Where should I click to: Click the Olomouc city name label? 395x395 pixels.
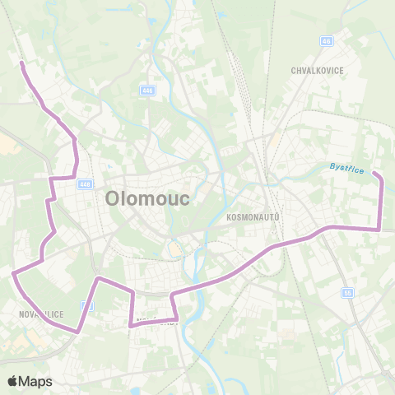pyautogui.click(x=148, y=199)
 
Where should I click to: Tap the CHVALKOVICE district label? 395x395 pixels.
pyautogui.click(x=317, y=71)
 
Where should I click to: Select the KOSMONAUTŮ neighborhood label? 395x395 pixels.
pyautogui.click(x=253, y=216)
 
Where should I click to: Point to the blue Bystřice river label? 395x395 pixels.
pyautogui.click(x=346, y=167)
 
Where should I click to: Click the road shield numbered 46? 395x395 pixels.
pyautogui.click(x=327, y=40)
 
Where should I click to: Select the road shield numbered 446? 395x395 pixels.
pyautogui.click(x=147, y=91)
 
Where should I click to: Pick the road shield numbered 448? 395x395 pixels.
pyautogui.click(x=86, y=184)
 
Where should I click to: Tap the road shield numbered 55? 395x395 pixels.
pyautogui.click(x=348, y=292)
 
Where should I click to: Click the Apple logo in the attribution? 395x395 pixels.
pyautogui.click(x=13, y=381)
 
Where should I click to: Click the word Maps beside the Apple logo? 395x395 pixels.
pyautogui.click(x=35, y=381)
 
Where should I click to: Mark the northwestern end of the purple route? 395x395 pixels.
pyautogui.click(x=21, y=63)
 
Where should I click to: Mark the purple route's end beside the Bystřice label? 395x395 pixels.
pyautogui.click(x=374, y=174)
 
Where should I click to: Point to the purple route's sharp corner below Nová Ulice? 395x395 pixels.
pyautogui.click(x=78, y=331)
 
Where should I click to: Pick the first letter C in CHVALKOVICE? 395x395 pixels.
pyautogui.click(x=294, y=71)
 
